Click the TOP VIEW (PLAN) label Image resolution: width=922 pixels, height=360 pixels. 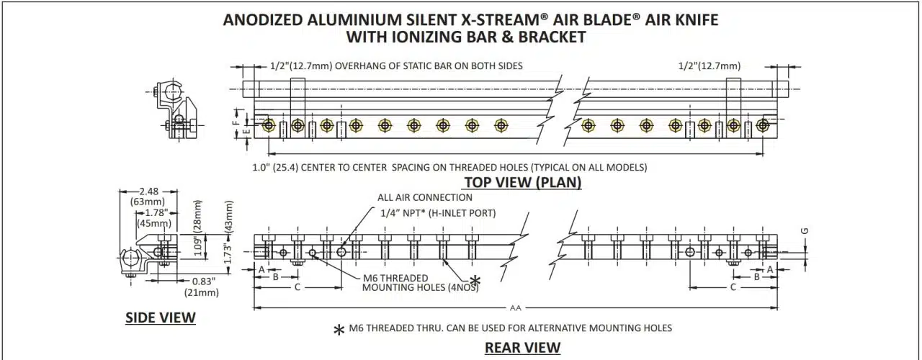[x=522, y=182]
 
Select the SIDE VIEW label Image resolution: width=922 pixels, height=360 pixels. [x=161, y=318]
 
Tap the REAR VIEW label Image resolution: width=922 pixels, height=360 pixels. [x=522, y=347]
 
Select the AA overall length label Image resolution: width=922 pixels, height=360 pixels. [x=515, y=308]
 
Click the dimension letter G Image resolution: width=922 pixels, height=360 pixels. [x=805, y=230]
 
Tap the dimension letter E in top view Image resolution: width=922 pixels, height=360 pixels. [x=246, y=132]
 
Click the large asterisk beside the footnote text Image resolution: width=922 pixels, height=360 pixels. [x=339, y=330]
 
